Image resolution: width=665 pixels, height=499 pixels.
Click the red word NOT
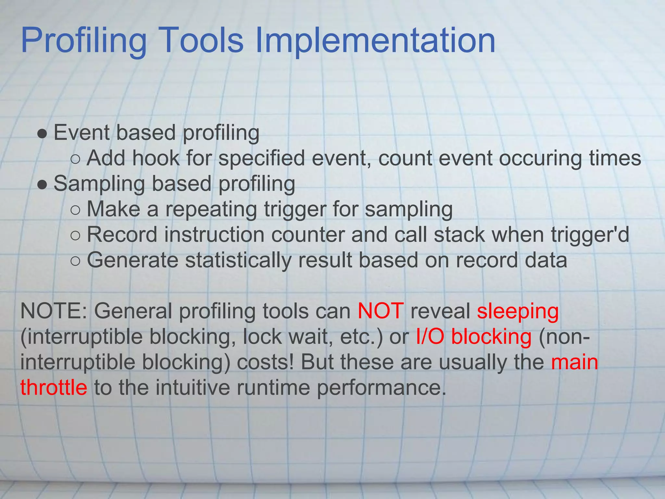(381, 311)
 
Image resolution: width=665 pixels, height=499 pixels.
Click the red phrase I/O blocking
(474, 337)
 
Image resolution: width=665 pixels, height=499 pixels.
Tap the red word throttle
(54, 388)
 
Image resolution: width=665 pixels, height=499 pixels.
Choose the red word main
(574, 362)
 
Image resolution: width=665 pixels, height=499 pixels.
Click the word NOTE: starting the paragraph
(54, 311)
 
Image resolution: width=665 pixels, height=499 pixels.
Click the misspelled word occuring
(540, 159)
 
